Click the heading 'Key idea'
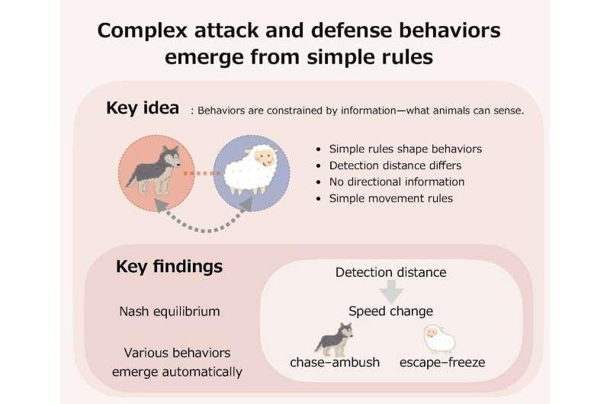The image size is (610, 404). pos(143,108)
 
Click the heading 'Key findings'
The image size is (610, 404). pos(169,267)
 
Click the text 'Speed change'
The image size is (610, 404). pos(391,311)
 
